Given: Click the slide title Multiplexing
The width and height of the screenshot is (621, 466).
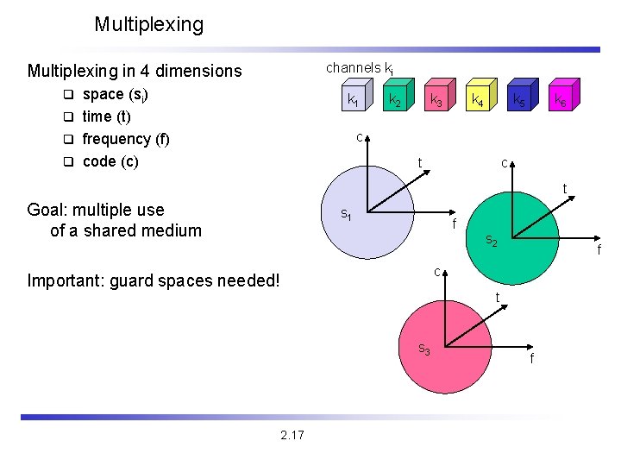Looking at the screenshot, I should [x=148, y=25].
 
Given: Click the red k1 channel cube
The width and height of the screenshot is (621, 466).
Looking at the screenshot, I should [x=354, y=99].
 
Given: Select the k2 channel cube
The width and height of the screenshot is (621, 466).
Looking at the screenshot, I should [x=395, y=99].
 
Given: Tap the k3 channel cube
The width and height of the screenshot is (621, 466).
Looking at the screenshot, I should [x=437, y=99].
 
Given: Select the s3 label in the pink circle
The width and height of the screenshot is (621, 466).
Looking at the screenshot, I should [x=424, y=349].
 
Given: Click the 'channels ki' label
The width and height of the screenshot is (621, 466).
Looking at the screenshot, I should [x=360, y=67].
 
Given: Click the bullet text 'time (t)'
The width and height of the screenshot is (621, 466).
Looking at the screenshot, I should [x=106, y=116].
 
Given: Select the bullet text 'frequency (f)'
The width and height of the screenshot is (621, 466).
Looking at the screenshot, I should [x=126, y=138].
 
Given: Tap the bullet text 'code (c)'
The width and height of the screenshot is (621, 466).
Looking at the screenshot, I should [x=110, y=161].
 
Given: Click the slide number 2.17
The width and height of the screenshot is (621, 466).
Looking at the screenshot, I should [x=292, y=435].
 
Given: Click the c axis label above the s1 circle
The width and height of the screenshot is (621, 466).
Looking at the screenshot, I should [x=360, y=136].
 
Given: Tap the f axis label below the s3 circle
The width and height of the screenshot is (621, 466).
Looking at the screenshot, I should [x=531, y=358].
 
